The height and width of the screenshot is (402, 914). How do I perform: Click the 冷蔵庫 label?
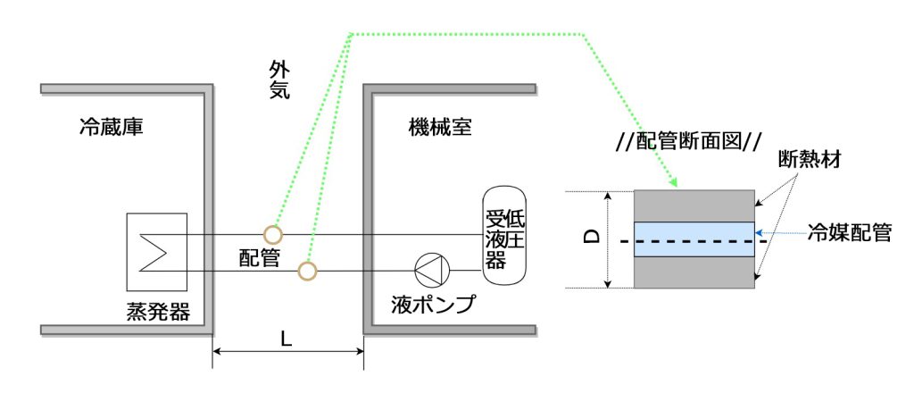coord(112,127)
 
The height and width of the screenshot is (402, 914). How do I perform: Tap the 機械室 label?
coord(440,127)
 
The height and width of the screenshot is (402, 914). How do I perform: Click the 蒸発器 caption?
coord(159,312)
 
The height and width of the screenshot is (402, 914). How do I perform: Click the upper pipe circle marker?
coord(273,235)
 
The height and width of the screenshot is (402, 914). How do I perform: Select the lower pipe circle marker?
coord(307,271)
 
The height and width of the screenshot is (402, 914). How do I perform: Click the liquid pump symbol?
coord(432,271)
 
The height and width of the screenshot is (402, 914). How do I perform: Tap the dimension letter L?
coord(287,339)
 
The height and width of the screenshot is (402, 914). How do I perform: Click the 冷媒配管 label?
coord(850,233)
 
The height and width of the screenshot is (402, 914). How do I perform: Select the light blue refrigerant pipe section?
coord(694,239)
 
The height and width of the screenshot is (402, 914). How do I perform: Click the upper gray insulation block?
coord(694,206)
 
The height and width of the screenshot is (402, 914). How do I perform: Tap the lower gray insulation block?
coord(694,272)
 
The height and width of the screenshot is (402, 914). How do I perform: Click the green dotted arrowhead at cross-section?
coord(675,183)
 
